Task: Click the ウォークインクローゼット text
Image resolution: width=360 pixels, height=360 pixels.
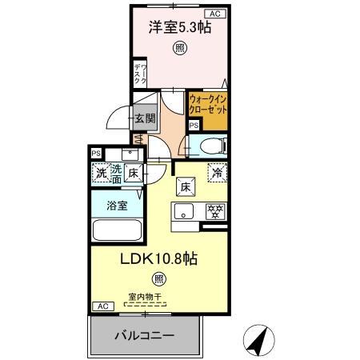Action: (209, 104)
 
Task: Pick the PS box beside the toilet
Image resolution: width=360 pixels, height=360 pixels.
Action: (194, 126)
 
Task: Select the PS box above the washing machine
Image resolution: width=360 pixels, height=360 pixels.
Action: (96, 154)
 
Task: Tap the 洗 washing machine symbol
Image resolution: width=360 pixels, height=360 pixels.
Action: (101, 172)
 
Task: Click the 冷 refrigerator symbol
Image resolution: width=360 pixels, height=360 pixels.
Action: (217, 170)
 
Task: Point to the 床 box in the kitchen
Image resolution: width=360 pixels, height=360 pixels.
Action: (184, 187)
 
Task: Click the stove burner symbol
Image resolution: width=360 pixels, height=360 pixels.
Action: (214, 212)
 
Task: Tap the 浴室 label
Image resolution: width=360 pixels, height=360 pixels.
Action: (117, 206)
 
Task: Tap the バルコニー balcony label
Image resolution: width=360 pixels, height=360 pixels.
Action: (143, 336)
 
